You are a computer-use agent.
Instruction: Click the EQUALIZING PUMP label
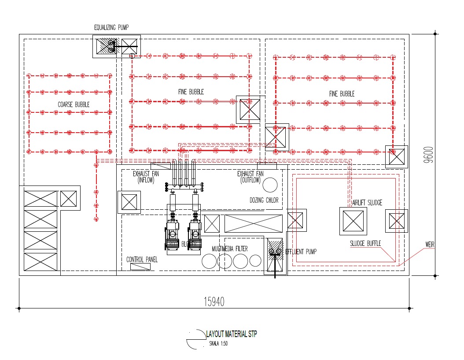pos(111,27)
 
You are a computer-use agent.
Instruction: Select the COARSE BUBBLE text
pos(74,104)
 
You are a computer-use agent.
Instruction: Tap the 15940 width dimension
pos(214,301)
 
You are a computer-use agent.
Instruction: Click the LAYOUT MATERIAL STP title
pos(232,334)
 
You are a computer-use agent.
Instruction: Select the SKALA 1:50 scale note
pos(219,344)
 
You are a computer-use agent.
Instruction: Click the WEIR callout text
pos(430,244)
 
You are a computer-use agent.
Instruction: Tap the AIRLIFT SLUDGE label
pos(367,203)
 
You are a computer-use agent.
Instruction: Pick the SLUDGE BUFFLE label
pos(365,243)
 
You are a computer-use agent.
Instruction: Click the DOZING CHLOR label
pos(264,200)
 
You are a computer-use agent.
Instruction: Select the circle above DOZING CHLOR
pos(270,185)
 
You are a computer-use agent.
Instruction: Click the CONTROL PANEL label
pos(142,260)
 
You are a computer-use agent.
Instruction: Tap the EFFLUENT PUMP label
pos(301,252)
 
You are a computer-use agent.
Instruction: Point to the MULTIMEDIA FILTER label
pos(229,249)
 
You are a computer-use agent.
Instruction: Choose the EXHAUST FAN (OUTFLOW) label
pos(251,177)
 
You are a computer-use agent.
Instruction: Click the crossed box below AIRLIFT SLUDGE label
pos(353,221)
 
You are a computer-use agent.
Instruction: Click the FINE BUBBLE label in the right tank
pos(342,94)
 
